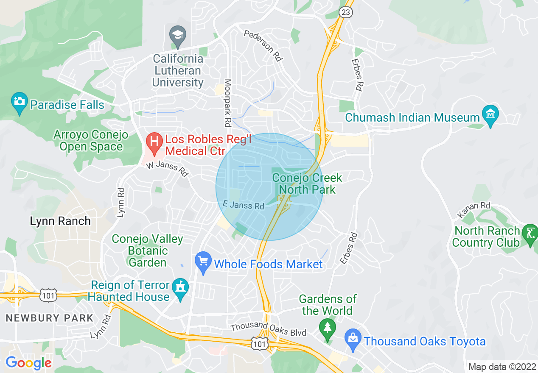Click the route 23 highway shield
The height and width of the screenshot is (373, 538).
tap(345, 12)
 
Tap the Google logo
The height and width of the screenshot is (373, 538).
tap(28, 363)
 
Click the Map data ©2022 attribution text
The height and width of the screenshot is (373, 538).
tap(502, 367)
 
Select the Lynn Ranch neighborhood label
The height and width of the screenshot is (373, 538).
tap(60, 221)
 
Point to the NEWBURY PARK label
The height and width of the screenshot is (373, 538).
tap(49, 318)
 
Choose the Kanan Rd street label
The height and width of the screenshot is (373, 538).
tap(474, 209)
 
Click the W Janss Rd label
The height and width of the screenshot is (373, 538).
tap(167, 169)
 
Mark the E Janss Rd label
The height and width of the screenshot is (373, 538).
tap(244, 206)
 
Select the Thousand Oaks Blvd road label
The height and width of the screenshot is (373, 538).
tap(268, 329)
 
